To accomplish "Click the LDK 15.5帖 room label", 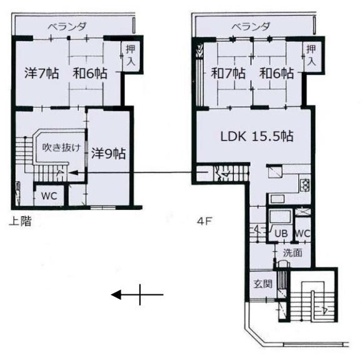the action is (x=257, y=136).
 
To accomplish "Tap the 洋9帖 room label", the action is (x=109, y=154).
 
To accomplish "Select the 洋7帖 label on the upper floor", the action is (x=41, y=73).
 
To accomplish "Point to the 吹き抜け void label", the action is (x=62, y=147).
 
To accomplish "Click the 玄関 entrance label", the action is (x=263, y=284).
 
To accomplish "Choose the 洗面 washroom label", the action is (x=293, y=253).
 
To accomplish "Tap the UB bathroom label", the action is (x=281, y=234).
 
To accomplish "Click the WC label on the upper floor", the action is (x=49, y=196).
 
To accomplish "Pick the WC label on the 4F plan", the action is (x=303, y=234).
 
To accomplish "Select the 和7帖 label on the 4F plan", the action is (x=228, y=73).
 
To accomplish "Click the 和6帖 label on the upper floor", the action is (x=90, y=73).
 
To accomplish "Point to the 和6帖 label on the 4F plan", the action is (x=276, y=73).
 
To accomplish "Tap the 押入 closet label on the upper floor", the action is (x=131, y=56).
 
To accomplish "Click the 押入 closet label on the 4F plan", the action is (x=311, y=56).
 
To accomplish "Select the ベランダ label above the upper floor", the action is (x=67, y=27).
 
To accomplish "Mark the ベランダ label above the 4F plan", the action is (x=251, y=27).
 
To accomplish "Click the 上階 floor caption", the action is (x=20, y=221).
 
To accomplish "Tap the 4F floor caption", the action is (x=204, y=221).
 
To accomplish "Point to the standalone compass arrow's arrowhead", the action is (x=116, y=295).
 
